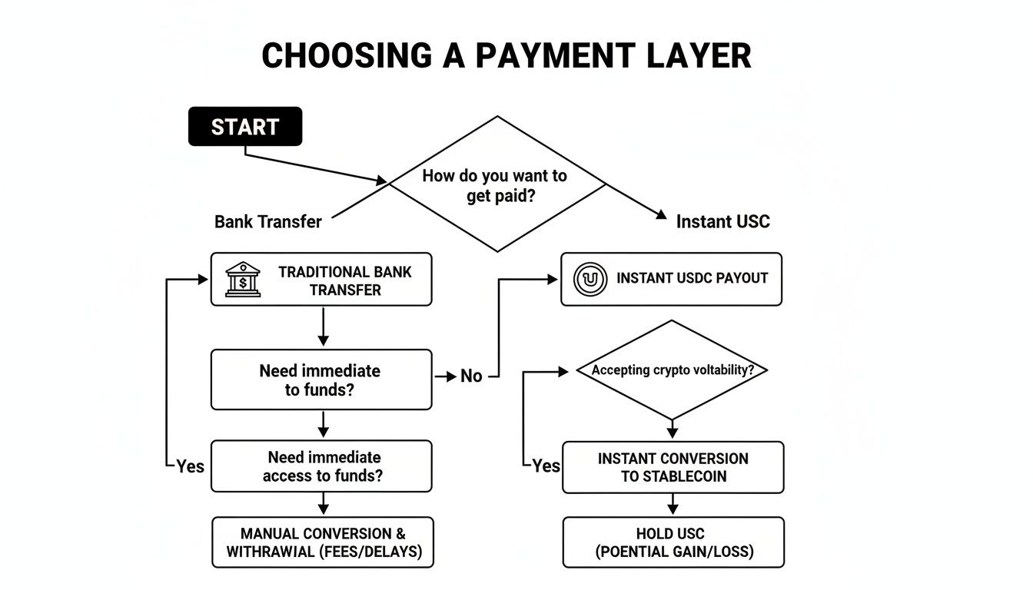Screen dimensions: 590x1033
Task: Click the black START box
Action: click(245, 127)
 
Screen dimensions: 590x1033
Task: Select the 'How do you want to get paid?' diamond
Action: click(497, 184)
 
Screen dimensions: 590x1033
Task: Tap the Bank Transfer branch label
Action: click(267, 222)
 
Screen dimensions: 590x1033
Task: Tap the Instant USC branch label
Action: click(722, 222)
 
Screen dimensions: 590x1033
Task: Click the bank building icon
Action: click(243, 280)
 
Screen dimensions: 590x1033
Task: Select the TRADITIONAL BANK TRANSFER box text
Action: click(344, 280)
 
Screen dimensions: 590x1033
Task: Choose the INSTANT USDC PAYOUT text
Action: click(692, 278)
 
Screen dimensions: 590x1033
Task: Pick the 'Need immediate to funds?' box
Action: click(321, 380)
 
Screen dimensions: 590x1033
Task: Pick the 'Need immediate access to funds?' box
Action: click(321, 466)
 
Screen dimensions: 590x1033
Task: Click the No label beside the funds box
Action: click(471, 376)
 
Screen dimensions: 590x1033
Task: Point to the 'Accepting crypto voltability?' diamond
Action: click(672, 370)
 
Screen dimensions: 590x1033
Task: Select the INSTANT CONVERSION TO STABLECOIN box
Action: click(673, 467)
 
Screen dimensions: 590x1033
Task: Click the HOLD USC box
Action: click(673, 542)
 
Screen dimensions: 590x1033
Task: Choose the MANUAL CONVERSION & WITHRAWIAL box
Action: click(323, 542)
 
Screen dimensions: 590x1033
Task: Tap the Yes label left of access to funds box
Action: click(190, 466)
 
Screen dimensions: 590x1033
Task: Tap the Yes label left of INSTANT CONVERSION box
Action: click(546, 466)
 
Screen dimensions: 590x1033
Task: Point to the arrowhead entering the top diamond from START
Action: click(381, 181)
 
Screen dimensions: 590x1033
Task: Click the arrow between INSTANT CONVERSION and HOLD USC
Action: click(673, 505)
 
